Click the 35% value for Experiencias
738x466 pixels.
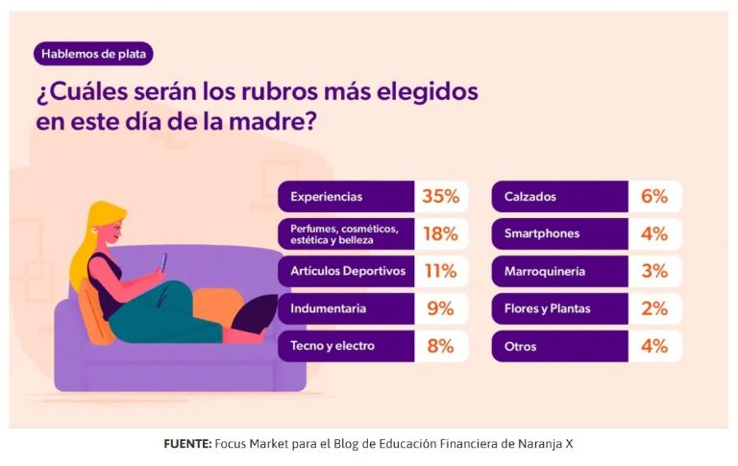[440, 197]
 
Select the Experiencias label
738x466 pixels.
[326, 197]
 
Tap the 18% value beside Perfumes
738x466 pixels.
[440, 233]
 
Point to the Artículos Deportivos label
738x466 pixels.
[347, 271]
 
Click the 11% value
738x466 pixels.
[440, 271]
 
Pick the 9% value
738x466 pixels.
[440, 308]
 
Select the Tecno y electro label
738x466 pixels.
[332, 346]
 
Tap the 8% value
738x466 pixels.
[440, 346]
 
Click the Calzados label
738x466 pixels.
[530, 197]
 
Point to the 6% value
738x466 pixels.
[653, 197]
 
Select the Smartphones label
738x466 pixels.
[542, 233]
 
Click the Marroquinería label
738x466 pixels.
[545, 271]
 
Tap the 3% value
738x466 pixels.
[653, 271]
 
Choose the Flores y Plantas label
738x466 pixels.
[547, 308]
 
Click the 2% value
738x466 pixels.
[653, 308]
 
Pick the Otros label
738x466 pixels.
[521, 346]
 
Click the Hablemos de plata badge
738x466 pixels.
[92, 54]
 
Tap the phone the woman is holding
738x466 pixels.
[163, 261]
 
